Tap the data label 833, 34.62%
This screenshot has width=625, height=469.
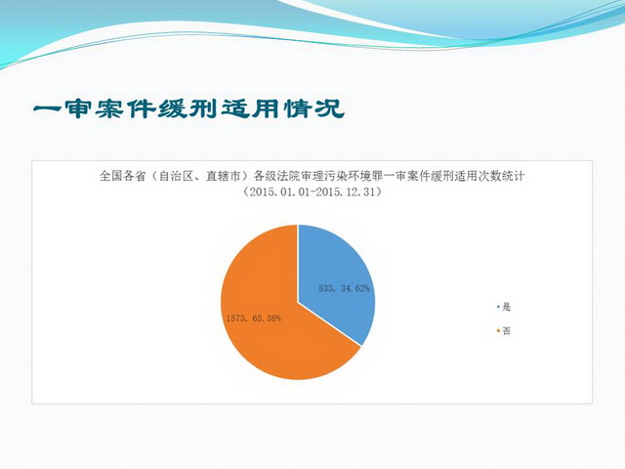point(344,288)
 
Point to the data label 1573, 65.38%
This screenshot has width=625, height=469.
point(254,319)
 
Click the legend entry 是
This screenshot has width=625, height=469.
point(506,307)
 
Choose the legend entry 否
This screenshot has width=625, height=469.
point(506,330)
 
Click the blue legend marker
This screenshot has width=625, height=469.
point(498,307)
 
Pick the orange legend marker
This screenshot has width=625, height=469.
point(498,330)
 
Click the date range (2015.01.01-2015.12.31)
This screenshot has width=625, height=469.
point(312,192)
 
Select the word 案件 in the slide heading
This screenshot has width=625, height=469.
point(126,108)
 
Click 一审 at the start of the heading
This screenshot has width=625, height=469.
point(62,108)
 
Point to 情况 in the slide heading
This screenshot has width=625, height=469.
point(314,108)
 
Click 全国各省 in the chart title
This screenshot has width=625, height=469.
point(122,176)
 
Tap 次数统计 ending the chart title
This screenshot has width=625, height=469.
point(501,176)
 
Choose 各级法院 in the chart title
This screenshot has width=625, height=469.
point(277,176)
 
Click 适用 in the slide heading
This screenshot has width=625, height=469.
point(252,108)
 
